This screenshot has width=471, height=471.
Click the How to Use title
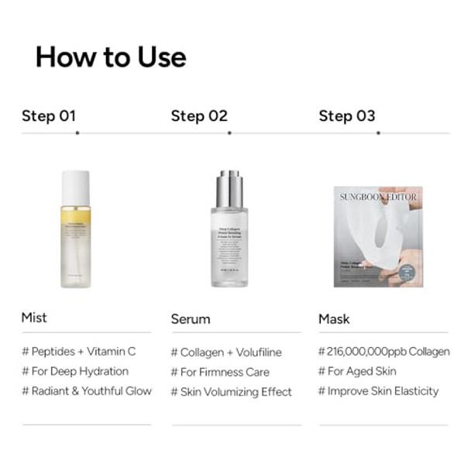(111, 57)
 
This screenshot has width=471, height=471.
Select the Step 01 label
(49, 116)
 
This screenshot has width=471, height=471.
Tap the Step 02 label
(199, 116)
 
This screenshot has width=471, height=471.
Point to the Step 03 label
(347, 116)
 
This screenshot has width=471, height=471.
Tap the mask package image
(378, 236)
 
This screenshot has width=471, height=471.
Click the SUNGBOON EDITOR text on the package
(378, 197)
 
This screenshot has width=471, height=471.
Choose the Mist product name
(34, 318)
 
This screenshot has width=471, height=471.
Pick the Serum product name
(191, 319)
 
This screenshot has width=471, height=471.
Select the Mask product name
(334, 319)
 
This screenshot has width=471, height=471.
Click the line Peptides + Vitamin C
(78, 351)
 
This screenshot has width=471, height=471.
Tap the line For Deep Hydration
(75, 371)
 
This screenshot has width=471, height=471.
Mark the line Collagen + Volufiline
(226, 352)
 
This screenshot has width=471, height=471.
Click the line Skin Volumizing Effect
(231, 392)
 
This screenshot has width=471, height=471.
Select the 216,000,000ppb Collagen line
(383, 351)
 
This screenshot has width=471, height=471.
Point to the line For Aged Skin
(357, 371)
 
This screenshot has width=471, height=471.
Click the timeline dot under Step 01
(77, 132)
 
